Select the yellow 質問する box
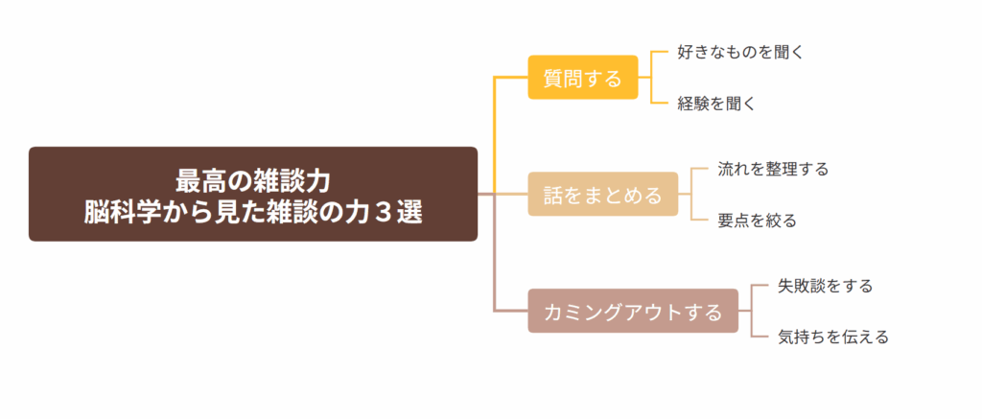click(582, 78)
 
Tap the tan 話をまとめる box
click(602, 195)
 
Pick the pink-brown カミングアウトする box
click(633, 312)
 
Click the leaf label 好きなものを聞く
click(739, 52)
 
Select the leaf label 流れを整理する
click(773, 169)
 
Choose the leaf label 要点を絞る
click(757, 221)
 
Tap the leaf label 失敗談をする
click(825, 286)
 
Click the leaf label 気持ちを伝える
click(833, 338)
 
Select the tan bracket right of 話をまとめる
click(690, 195)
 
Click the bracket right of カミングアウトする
click(750, 312)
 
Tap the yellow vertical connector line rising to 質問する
click(494, 134)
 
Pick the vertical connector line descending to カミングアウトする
click(494, 254)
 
